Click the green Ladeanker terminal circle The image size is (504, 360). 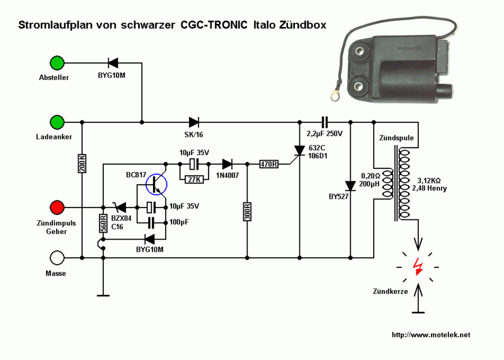[x=57, y=121]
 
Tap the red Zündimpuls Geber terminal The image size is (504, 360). [x=57, y=207]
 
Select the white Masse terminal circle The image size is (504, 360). [x=57, y=257]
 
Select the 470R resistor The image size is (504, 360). [x=268, y=165]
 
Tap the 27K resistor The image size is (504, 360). [x=194, y=179]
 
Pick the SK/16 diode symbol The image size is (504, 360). [x=193, y=121]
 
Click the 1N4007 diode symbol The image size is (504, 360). [x=224, y=165]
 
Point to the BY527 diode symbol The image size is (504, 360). [x=350, y=185]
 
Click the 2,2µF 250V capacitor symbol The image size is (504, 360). [x=324, y=121]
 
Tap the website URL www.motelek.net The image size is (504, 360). [x=431, y=335]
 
